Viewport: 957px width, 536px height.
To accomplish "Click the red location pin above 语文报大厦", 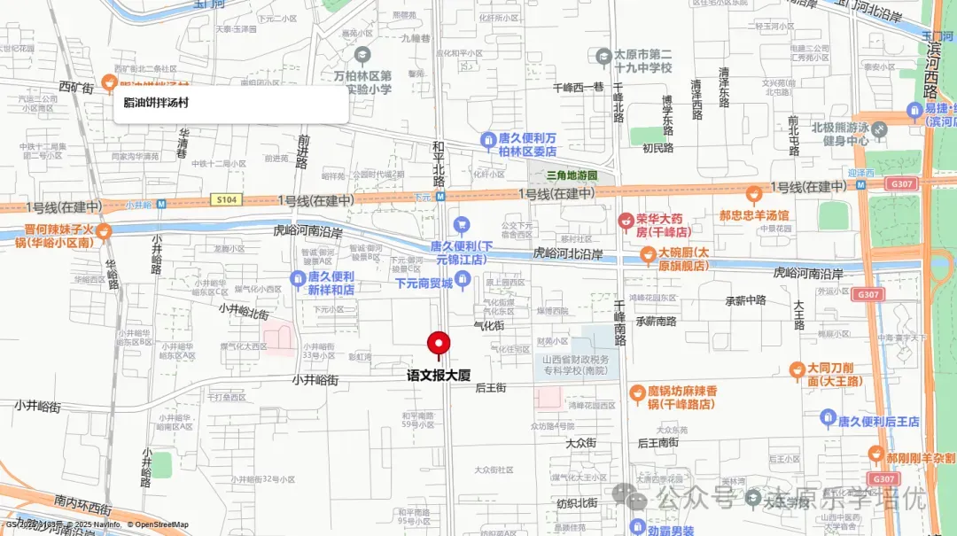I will click(440, 343).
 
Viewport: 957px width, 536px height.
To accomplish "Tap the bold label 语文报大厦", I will click(439, 376).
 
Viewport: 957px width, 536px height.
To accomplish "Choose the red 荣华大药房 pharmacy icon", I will click(626, 219).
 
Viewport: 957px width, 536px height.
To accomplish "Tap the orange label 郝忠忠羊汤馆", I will click(754, 215).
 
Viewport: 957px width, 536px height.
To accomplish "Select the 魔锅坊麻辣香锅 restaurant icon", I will click(636, 392).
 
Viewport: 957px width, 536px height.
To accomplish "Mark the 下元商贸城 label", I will click(424, 284).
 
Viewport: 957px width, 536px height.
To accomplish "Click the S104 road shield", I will click(226, 200).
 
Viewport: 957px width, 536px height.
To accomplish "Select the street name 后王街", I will click(490, 387).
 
